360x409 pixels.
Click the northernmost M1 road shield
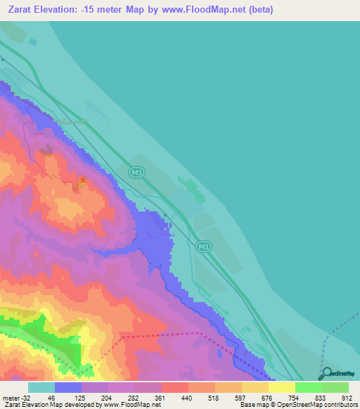click(137, 171)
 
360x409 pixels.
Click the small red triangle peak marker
click(82, 181)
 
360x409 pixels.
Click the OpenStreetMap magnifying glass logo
click(326, 373)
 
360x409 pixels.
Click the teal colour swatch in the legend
click(41, 387)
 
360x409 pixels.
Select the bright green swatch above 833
click(309, 387)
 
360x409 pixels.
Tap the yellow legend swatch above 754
click(282, 387)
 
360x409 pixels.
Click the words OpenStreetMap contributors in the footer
click(323, 405)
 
